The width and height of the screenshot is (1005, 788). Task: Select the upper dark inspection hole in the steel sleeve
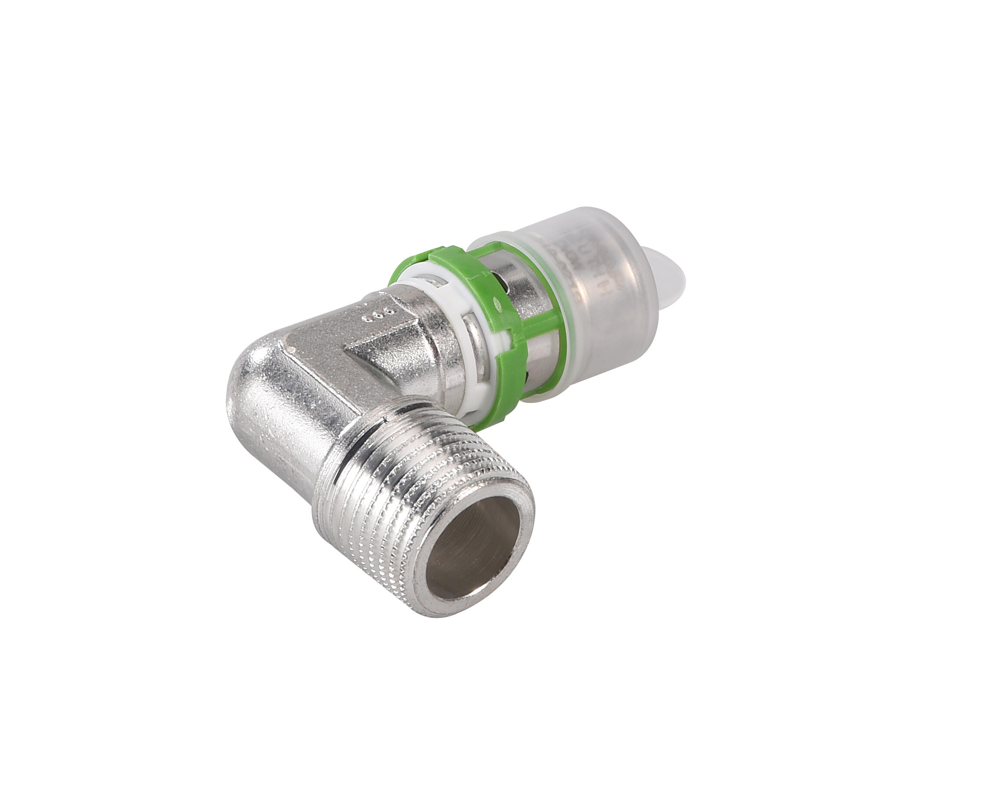(500, 277)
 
